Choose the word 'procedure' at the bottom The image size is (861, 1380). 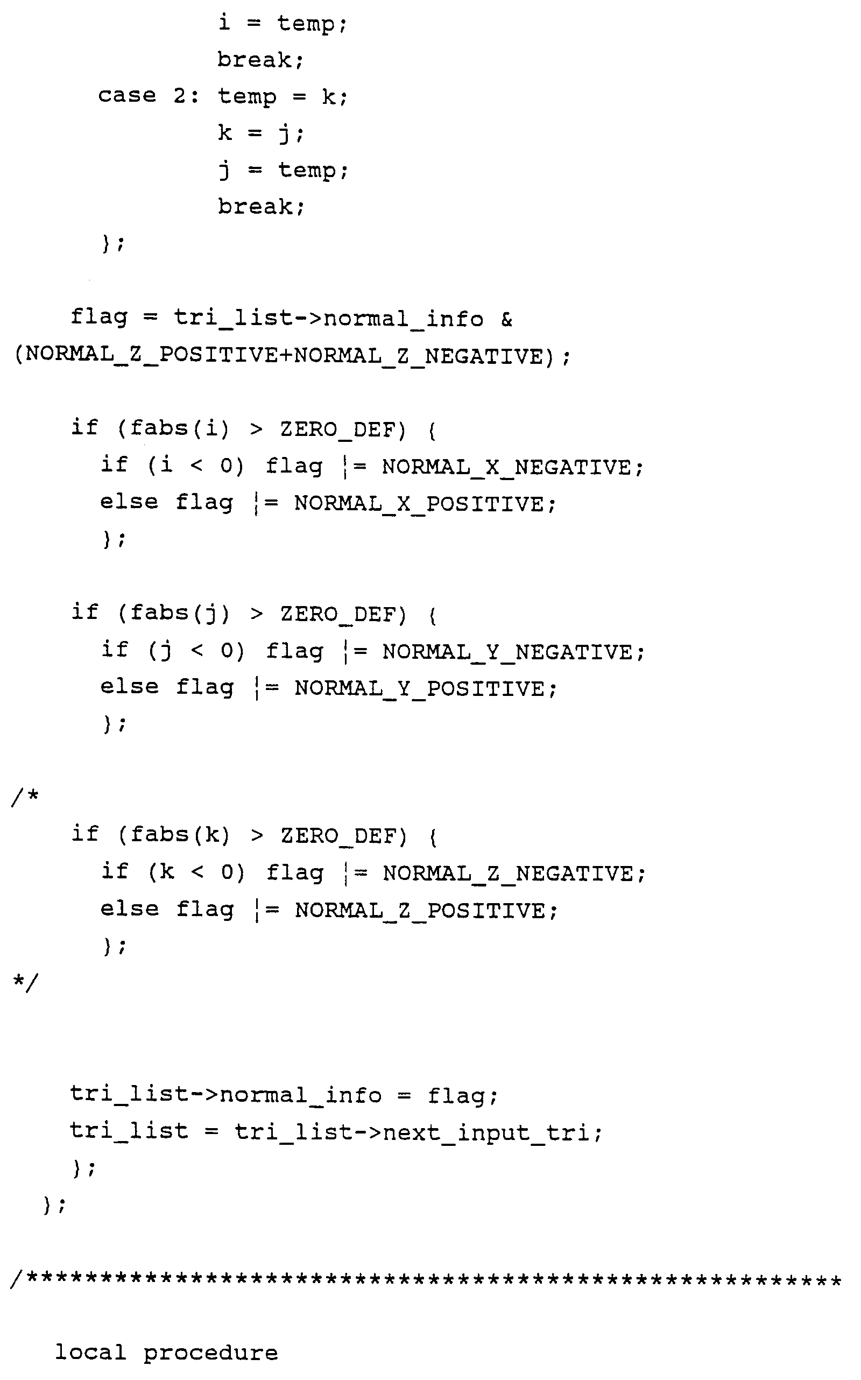pos(210,1353)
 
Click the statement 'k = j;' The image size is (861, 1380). pos(260,133)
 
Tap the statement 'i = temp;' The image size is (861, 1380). pos(283,24)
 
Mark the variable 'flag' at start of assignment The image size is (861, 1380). pos(99,316)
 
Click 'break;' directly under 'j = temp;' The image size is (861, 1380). pos(261,207)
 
